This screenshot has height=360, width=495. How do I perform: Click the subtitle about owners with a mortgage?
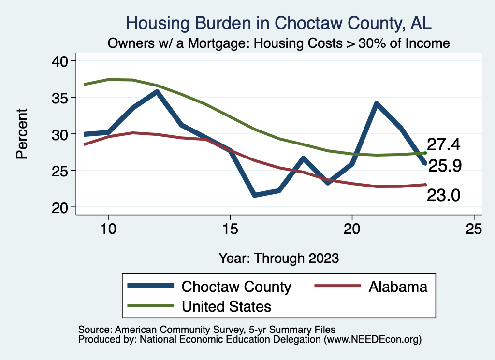279,43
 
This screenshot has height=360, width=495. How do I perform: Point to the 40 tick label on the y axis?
60,61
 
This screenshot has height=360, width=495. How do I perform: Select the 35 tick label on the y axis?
60,98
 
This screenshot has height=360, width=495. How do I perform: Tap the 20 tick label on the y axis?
60,207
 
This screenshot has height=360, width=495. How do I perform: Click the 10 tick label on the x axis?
108,230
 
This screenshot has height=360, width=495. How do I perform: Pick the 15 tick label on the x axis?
230,230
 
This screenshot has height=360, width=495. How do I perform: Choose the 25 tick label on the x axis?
474,230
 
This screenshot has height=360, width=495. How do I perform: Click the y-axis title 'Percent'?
21,134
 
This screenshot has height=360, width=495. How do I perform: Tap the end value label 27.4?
443,144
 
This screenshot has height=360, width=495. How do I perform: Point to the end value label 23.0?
443,196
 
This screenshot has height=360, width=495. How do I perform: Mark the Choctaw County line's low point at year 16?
255,195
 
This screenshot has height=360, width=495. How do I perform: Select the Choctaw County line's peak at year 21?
377,103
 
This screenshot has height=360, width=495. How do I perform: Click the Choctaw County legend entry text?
236,287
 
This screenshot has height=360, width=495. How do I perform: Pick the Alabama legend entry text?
398,287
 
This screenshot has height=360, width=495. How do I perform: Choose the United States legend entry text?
226,306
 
